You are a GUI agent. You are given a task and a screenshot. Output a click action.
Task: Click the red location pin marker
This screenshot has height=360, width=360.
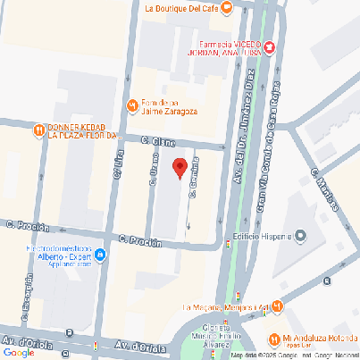pyautogui.click(x=179, y=167)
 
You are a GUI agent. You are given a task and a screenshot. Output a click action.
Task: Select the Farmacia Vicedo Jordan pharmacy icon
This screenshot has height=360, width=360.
pyautogui.click(x=270, y=46)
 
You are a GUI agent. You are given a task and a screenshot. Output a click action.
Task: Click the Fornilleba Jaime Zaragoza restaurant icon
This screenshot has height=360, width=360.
pyautogui.click(x=133, y=105)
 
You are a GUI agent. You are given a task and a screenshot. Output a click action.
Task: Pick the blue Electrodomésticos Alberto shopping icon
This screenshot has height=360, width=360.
pyautogui.click(x=100, y=256)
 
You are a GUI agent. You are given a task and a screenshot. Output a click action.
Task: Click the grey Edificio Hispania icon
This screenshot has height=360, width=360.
pyautogui.click(x=300, y=237)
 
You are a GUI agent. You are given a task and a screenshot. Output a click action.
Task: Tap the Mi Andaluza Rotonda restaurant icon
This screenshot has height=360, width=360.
pyautogui.click(x=272, y=339)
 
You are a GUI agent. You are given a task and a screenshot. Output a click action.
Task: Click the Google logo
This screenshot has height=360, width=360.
pyautogui.click(x=18, y=352)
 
